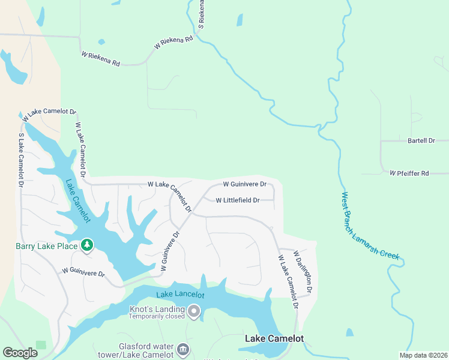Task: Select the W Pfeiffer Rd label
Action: coord(409,173)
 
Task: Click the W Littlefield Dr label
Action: coord(237,200)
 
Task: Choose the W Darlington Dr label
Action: coord(303,272)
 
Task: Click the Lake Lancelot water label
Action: coord(180,295)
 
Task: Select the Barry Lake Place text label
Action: coord(46,246)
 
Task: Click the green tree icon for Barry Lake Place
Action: coord(88,245)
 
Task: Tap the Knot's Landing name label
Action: coord(157,309)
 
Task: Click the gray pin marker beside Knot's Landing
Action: coord(194,311)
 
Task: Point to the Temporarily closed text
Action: coord(157,316)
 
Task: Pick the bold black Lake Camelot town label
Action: coord(274,339)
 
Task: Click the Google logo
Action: coord(20,353)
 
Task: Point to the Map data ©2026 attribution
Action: coord(423,355)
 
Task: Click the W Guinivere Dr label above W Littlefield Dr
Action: coord(244,184)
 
